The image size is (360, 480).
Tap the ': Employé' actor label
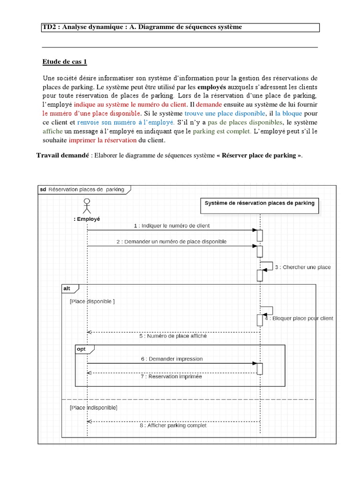[x=87, y=219]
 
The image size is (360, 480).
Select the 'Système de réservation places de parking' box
[x=260, y=203]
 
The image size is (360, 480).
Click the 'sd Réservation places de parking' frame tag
[x=83, y=189]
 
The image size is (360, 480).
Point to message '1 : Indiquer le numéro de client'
[x=171, y=225]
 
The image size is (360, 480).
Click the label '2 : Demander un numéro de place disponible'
[x=171, y=241]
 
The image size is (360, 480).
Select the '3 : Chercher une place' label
[x=302, y=267]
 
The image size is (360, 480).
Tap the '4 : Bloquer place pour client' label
[x=299, y=318]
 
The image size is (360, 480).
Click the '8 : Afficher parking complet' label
[x=172, y=426]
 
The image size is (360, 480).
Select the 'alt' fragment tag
[x=67, y=289]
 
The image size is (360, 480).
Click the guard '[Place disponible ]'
[x=92, y=301]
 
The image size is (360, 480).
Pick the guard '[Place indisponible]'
[x=93, y=408]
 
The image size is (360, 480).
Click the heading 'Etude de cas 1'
[x=65, y=61]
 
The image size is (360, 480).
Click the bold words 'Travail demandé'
[x=63, y=155]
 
